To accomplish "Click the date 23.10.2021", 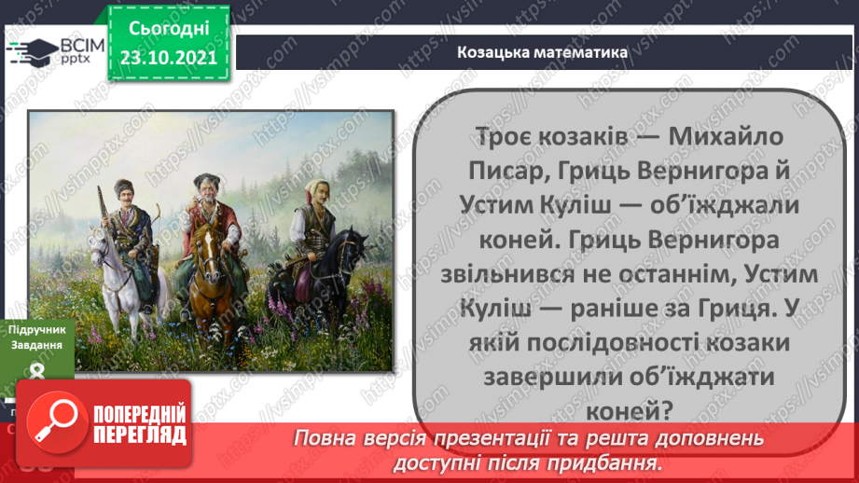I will pyautogui.click(x=168, y=57).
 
